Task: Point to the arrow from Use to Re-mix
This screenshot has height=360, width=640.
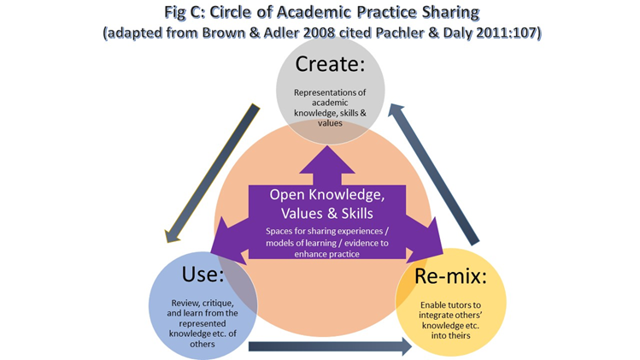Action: pos(330,347)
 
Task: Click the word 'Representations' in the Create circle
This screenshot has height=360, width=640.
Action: pos(318,92)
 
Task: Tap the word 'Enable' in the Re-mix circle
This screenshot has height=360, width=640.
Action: pos(437,303)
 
